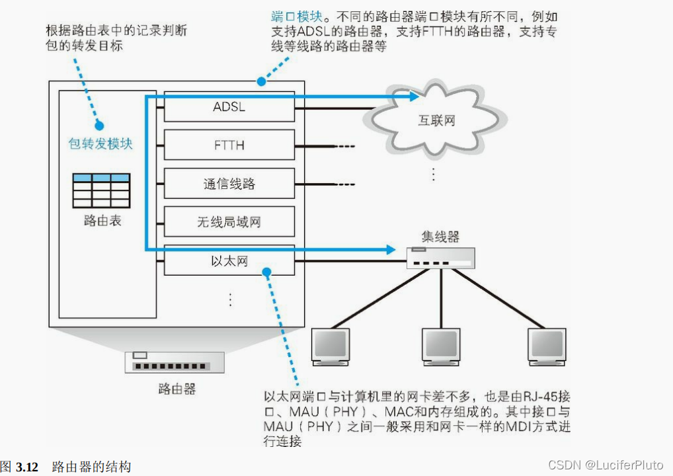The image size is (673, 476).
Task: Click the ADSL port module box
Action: [x=229, y=106]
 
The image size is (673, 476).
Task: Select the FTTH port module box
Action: [x=229, y=145]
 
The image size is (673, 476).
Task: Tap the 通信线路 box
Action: [x=229, y=184]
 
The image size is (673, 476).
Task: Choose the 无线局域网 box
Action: [x=229, y=222]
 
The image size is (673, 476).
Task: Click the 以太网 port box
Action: [x=229, y=261]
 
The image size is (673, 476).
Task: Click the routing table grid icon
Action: [x=101, y=191]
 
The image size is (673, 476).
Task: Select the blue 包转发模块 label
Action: [x=100, y=143]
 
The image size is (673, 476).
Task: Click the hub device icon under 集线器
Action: [x=441, y=258]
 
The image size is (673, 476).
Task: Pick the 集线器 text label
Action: [x=440, y=237]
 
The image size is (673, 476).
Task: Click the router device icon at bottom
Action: [x=175, y=362]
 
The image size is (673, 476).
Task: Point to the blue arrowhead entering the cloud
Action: [x=414, y=97]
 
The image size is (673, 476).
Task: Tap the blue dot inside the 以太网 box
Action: [x=266, y=271]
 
